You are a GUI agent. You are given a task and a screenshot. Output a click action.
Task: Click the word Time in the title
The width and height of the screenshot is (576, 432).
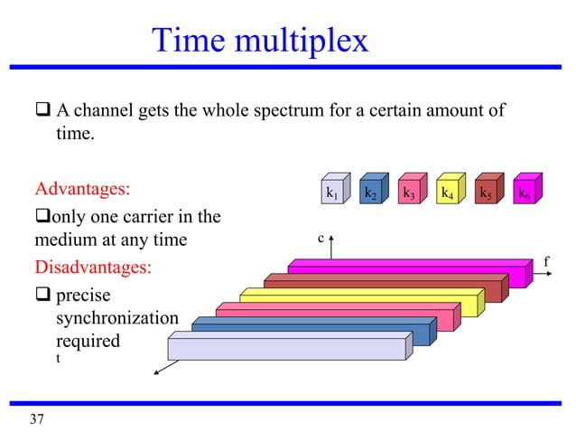pyautogui.click(x=190, y=41)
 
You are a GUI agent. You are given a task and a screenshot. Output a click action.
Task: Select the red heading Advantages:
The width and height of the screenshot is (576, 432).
pyautogui.click(x=82, y=191)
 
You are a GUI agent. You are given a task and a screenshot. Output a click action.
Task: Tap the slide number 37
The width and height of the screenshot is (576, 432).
pyautogui.click(x=36, y=418)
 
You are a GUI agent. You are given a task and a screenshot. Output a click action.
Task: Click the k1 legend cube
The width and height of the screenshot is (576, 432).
pyautogui.click(x=333, y=191)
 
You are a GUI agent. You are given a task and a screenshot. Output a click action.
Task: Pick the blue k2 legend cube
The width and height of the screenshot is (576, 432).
pyautogui.click(x=371, y=191)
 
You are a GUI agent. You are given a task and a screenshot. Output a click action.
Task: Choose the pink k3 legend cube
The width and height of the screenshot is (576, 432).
pyautogui.click(x=409, y=191)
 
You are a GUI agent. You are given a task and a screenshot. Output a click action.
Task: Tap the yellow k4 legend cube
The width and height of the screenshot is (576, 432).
pyautogui.click(x=447, y=191)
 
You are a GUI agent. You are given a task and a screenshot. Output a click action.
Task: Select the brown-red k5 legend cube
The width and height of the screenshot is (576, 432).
pyautogui.click(x=486, y=191)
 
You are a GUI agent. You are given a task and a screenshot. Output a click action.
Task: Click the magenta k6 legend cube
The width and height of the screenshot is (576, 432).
pyautogui.click(x=524, y=191)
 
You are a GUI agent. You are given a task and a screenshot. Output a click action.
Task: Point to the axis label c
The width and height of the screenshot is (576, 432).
pyautogui.click(x=320, y=239)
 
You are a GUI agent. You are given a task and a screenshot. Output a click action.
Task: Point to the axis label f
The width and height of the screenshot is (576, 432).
pyautogui.click(x=546, y=262)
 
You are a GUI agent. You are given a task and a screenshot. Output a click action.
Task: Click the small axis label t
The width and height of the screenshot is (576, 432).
pyautogui.click(x=59, y=359)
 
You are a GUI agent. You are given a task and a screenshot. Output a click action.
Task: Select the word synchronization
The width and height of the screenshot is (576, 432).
pyautogui.click(x=117, y=319)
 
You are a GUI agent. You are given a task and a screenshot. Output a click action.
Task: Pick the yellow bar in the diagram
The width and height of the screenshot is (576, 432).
pyautogui.click(x=361, y=298)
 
